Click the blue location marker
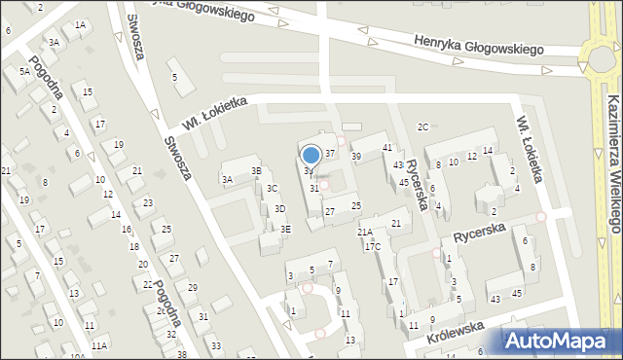(311, 155)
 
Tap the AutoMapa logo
(561, 341)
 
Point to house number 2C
(422, 126)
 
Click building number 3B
(257, 171)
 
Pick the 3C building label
(273, 188)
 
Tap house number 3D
(279, 208)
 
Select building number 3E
(285, 229)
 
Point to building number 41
(387, 147)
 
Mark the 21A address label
(365, 232)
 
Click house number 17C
(373, 247)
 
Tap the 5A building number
(23, 71)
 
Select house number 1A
(80, 25)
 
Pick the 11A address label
(98, 345)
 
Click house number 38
(181, 354)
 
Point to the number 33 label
(216, 346)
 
